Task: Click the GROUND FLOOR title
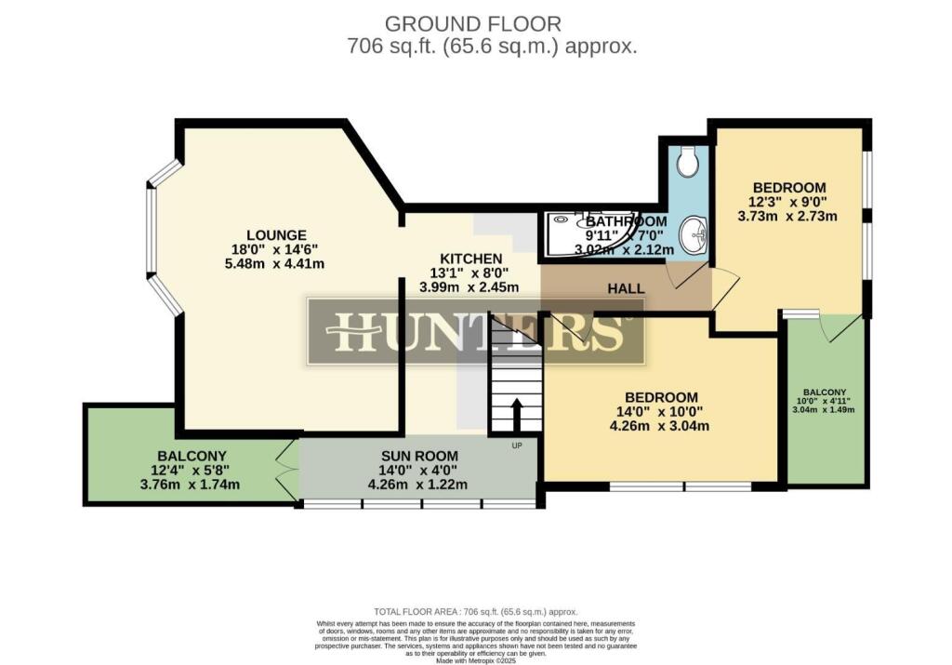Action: pos(473,23)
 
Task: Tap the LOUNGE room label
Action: pos(276,234)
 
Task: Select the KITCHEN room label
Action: pos(471,258)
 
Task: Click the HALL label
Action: pos(626,289)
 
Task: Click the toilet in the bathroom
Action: pos(688,163)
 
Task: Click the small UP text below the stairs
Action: pos(518,446)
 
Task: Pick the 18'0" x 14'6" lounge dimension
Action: pos(276,249)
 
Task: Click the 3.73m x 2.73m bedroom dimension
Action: pos(787,216)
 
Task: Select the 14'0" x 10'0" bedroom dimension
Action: pos(660,412)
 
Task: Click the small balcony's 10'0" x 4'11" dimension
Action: pos(822,401)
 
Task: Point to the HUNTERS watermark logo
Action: pos(475,332)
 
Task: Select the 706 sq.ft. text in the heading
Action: pos(381,47)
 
